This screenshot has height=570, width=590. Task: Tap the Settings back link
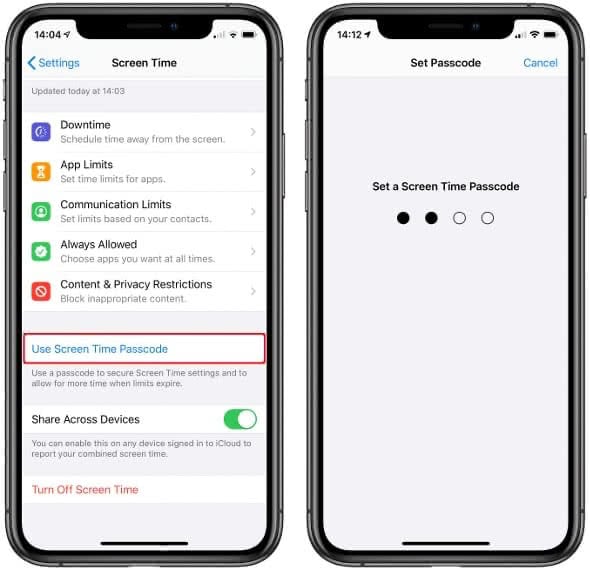tap(53, 63)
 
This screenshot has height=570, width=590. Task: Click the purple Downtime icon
tap(41, 132)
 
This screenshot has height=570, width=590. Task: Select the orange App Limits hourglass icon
tap(41, 172)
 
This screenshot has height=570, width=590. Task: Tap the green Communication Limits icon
tap(41, 211)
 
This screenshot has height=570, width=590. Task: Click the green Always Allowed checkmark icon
tap(41, 251)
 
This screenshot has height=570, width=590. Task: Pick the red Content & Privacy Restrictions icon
tap(41, 291)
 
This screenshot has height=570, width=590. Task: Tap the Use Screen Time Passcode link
tap(100, 349)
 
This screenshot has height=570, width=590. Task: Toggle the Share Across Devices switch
tap(240, 419)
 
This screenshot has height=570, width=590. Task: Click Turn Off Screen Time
tap(85, 489)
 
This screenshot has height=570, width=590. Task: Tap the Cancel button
tap(540, 63)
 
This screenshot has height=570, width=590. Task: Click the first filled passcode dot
tap(403, 218)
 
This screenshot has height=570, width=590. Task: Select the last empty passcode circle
tap(487, 218)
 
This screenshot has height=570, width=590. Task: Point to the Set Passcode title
tap(446, 63)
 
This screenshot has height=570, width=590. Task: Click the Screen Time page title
tap(144, 63)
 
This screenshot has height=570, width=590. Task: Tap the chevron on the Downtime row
tap(253, 132)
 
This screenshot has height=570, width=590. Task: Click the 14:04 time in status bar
tap(47, 35)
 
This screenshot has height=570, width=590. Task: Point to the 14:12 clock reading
tap(349, 35)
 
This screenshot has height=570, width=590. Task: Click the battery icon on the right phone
tap(550, 35)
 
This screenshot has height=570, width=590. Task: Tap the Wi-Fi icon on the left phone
tap(233, 35)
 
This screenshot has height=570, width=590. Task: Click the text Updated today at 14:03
tap(78, 91)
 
